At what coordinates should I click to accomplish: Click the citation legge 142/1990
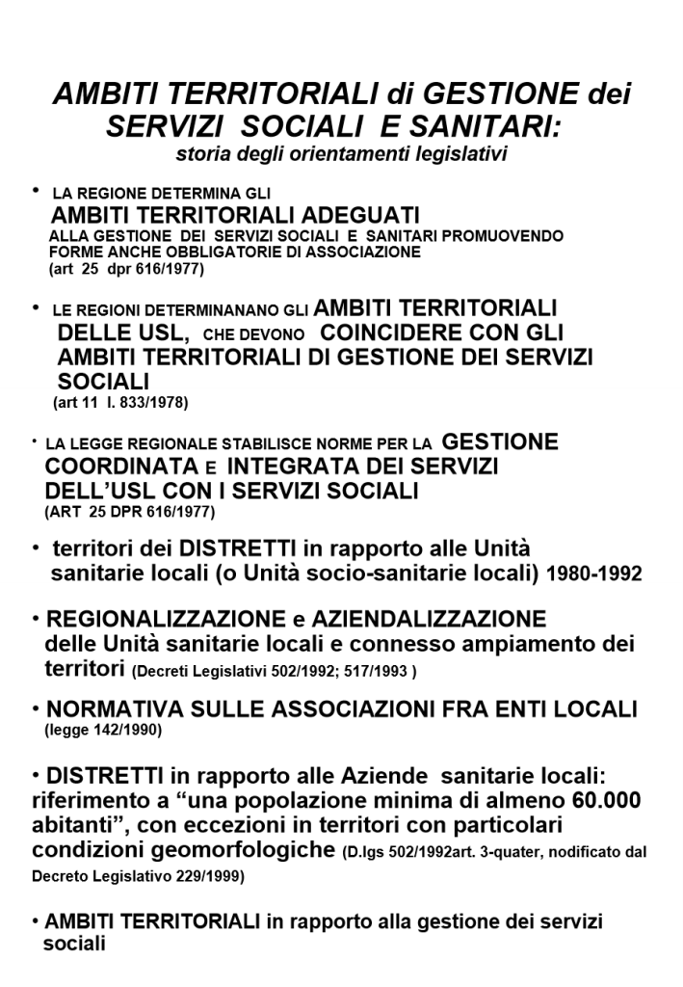[x=105, y=732]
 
